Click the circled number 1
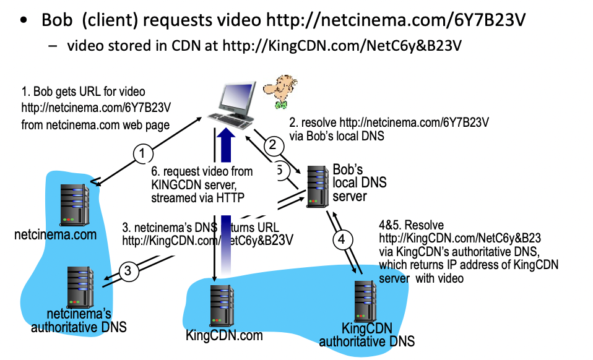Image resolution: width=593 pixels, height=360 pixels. point(143,153)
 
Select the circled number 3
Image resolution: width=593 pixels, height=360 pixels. point(128,270)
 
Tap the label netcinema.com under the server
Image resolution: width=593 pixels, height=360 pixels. point(56,235)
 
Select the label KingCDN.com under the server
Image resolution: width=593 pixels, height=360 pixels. point(224,336)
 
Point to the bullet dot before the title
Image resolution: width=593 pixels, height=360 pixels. point(24,21)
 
